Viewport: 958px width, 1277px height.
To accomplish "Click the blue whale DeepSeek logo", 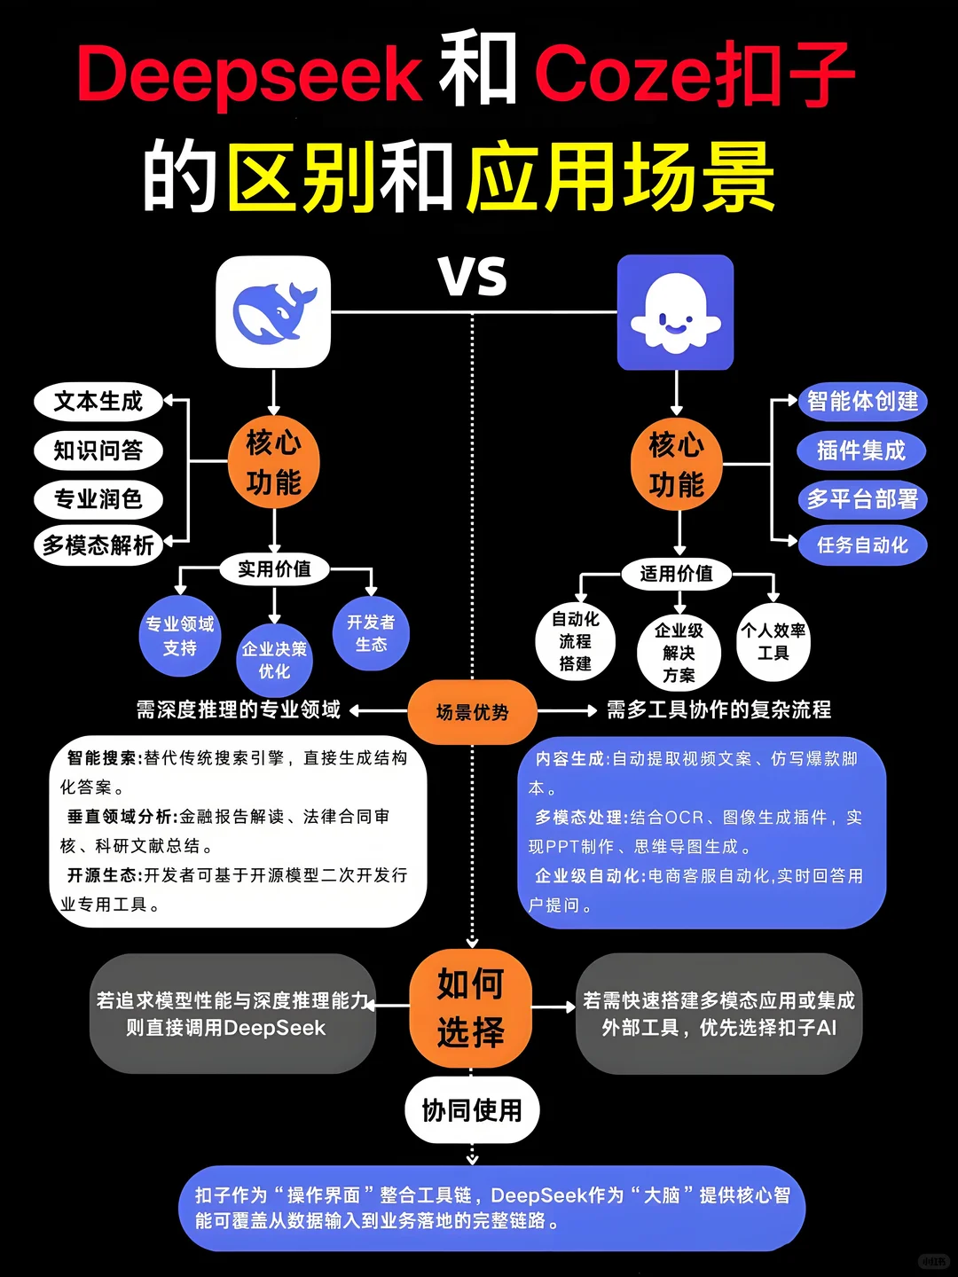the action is tap(273, 312).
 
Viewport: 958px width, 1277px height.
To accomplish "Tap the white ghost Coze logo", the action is tap(675, 312).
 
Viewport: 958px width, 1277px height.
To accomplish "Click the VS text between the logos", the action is tap(473, 277).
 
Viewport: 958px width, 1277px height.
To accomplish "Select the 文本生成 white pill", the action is tap(98, 402).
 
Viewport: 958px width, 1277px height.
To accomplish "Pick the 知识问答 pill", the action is tap(98, 450).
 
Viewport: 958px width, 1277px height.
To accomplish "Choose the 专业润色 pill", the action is tap(98, 499).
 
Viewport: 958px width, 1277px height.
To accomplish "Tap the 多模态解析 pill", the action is tap(98, 545).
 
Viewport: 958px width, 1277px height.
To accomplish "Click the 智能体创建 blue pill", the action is tap(862, 402).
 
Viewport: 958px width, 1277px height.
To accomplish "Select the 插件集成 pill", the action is tap(861, 450).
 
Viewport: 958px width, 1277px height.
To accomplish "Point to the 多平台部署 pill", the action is tap(862, 499).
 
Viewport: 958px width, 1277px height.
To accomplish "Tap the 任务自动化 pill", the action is tap(862, 545).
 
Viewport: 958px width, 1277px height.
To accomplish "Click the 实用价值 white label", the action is tap(275, 569).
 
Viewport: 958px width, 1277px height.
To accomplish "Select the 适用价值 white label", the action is tap(677, 574).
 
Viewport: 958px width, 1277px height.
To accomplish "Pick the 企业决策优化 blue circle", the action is tap(275, 661).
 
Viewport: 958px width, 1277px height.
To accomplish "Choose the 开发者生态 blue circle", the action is tap(371, 633).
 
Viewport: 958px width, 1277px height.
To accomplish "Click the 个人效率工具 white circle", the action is tap(773, 642).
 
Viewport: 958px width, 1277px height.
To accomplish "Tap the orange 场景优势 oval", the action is tap(472, 712).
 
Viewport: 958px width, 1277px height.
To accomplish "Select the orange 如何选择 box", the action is tap(470, 1008).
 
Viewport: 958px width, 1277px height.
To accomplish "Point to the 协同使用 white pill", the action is tap(472, 1110).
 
